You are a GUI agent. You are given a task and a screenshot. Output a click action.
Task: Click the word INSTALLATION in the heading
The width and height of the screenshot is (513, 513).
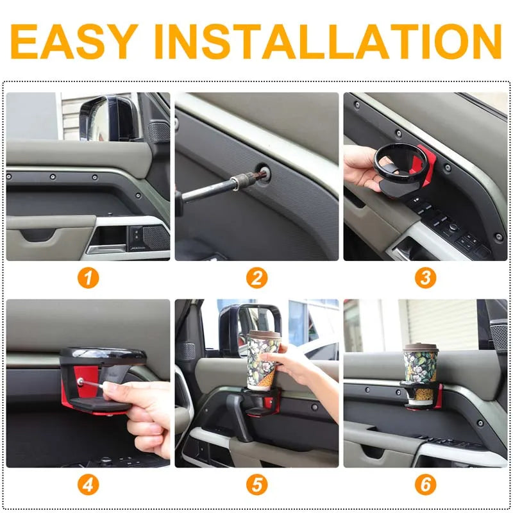point(328,42)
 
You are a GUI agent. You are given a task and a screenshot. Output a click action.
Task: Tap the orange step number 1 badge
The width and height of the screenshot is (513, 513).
point(88,278)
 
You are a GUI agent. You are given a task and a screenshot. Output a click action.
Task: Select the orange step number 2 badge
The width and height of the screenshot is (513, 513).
point(257,278)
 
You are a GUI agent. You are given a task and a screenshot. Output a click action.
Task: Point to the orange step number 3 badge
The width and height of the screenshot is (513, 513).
point(425,278)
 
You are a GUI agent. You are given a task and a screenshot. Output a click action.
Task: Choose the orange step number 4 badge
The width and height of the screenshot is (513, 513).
point(88,485)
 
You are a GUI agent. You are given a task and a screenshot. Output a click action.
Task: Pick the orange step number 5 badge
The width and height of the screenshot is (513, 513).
point(257,485)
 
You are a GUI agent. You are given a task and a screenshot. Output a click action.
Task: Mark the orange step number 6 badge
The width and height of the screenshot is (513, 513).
point(425,485)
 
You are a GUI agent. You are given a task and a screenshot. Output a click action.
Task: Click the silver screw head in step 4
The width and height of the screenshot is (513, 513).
point(80,380)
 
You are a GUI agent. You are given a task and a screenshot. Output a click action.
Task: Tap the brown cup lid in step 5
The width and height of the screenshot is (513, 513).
point(265,336)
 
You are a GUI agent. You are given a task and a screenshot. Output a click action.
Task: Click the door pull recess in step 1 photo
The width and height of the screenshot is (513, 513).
point(38,235)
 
